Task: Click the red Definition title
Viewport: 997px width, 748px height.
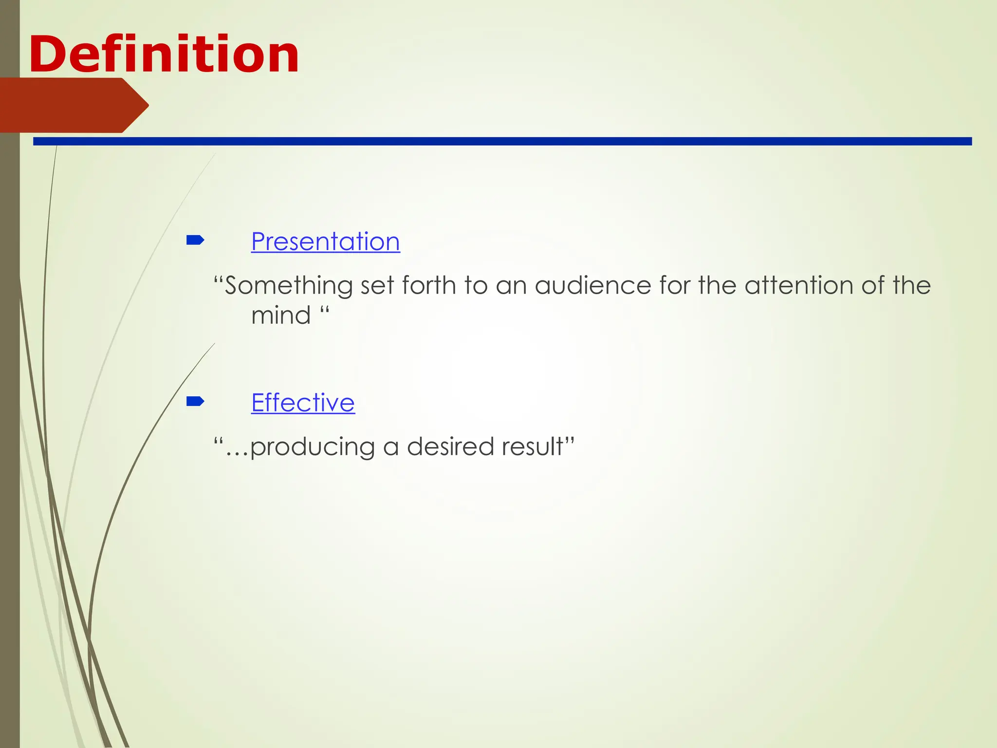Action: coord(164,55)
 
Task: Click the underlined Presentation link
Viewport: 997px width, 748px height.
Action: coord(325,242)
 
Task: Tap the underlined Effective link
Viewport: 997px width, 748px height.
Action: coord(303,403)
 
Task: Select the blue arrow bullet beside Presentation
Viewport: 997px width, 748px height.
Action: coord(195,240)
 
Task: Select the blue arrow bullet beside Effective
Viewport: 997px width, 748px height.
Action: coord(195,401)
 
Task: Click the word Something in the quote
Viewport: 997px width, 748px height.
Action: coord(289,286)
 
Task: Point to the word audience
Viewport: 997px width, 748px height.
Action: coord(592,286)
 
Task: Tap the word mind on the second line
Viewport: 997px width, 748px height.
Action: coord(281,316)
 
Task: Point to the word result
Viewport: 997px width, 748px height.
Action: coord(533,447)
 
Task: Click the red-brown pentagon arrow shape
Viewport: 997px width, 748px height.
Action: coord(73,105)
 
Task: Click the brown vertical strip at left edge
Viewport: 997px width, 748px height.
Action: coord(10,390)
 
